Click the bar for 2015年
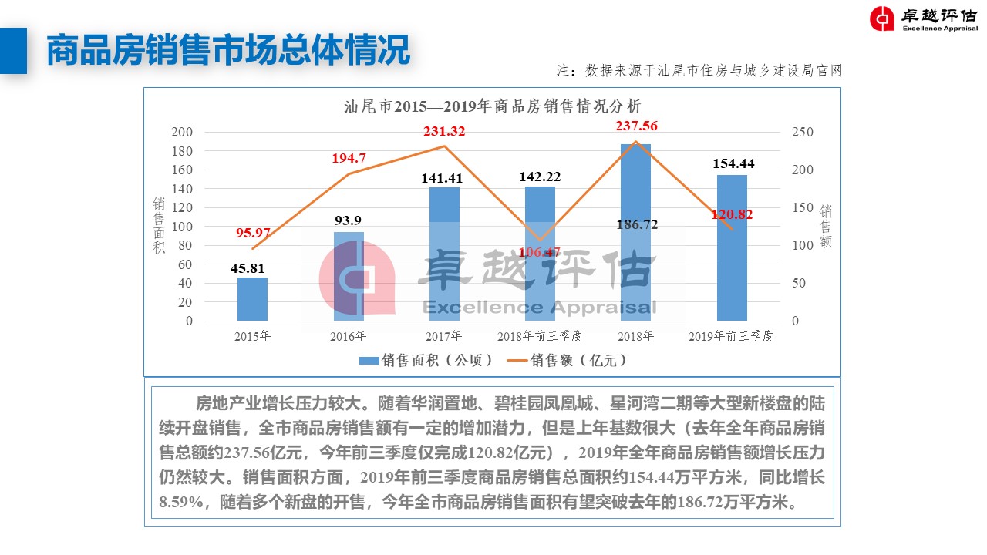pyautogui.click(x=252, y=299)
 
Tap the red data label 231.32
pyautogui.click(x=443, y=132)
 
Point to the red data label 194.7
pyautogui.click(x=349, y=159)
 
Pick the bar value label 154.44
pyautogui.click(x=733, y=163)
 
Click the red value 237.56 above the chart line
pyautogui.click(x=636, y=126)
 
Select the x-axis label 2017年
pyautogui.click(x=443, y=337)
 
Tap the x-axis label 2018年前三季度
pyautogui.click(x=540, y=337)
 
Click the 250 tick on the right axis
pyautogui.click(x=803, y=133)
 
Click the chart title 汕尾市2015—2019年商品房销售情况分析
pyautogui.click(x=492, y=106)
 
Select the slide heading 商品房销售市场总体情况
pyautogui.click(x=227, y=51)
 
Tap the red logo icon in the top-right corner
pyautogui.click(x=882, y=18)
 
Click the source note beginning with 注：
pyautogui.click(x=699, y=71)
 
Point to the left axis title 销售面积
pyautogui.click(x=159, y=226)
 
